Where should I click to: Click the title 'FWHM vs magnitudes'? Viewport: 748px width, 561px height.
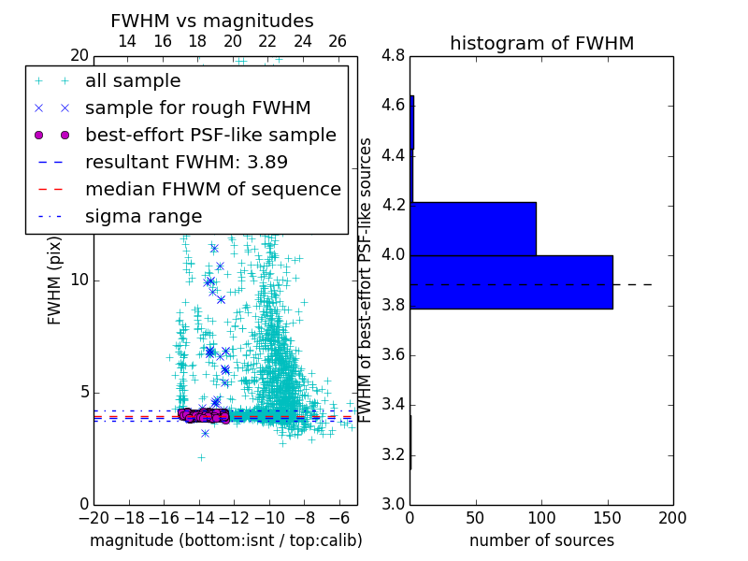[x=212, y=22]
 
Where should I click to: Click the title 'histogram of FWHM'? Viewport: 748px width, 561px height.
[x=541, y=44]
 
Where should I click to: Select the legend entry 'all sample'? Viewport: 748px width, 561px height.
[x=133, y=81]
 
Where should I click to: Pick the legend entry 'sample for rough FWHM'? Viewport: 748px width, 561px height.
[x=197, y=108]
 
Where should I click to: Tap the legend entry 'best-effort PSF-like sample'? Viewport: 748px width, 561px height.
[x=210, y=135]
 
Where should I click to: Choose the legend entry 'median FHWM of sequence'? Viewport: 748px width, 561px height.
[x=212, y=189]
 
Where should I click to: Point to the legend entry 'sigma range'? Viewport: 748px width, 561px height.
[x=143, y=216]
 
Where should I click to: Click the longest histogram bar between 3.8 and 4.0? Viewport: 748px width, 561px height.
[x=511, y=281]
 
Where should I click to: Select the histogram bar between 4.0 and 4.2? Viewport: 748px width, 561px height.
[x=472, y=228]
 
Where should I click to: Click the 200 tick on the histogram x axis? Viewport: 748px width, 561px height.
[x=672, y=517]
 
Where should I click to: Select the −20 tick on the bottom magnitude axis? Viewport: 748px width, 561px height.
[x=93, y=517]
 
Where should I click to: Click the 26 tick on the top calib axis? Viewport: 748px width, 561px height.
[x=338, y=41]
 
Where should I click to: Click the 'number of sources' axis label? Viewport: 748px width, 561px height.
[x=541, y=540]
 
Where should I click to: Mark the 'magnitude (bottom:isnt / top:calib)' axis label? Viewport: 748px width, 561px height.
[x=225, y=540]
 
